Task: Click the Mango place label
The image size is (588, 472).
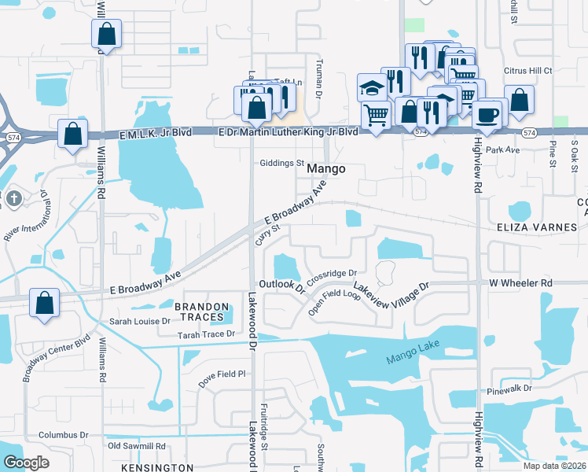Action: click(325, 168)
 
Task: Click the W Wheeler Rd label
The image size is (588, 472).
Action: click(521, 282)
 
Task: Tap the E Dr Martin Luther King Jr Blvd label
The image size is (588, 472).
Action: click(287, 132)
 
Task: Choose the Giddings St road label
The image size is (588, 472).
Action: click(281, 164)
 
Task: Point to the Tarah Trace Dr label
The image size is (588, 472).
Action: click(196, 334)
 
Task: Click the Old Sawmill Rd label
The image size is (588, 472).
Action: click(137, 446)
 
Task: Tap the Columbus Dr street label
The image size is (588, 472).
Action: click(64, 434)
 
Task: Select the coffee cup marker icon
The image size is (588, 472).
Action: click(486, 113)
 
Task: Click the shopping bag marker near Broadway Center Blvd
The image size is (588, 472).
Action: click(44, 304)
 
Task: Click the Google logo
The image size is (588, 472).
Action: click(27, 463)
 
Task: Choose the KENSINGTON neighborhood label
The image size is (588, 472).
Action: click(160, 467)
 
